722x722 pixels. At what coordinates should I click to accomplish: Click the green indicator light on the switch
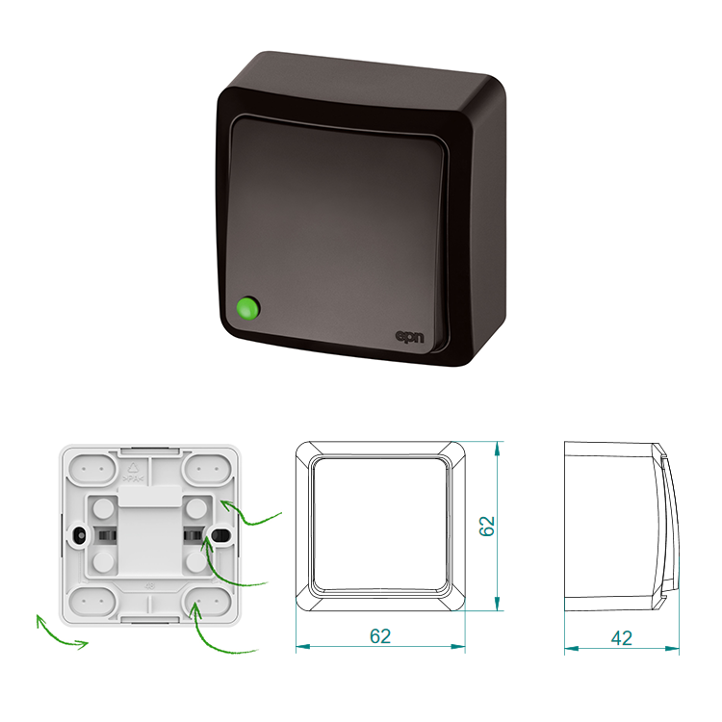[247, 308]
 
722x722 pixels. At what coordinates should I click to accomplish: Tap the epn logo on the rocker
[409, 337]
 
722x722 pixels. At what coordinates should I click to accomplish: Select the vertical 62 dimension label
[487, 526]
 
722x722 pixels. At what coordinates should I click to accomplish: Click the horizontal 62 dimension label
[380, 636]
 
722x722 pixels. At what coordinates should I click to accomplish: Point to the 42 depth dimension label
[622, 637]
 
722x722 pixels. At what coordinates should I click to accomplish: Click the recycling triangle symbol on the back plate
[133, 468]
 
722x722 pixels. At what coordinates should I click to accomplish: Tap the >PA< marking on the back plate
[134, 478]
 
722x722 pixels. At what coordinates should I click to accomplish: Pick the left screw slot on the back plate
[79, 535]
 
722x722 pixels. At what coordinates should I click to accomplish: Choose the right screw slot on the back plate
[221, 535]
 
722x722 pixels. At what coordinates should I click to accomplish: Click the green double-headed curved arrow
[58, 635]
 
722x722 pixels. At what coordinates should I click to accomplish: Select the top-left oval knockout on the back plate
[92, 469]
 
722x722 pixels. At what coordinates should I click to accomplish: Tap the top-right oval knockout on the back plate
[207, 469]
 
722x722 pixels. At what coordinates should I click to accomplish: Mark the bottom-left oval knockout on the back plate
[92, 602]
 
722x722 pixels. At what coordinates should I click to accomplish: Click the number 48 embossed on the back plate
[149, 586]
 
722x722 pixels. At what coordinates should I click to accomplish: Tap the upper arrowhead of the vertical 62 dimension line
[497, 448]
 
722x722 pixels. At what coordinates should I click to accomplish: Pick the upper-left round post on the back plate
[103, 508]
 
